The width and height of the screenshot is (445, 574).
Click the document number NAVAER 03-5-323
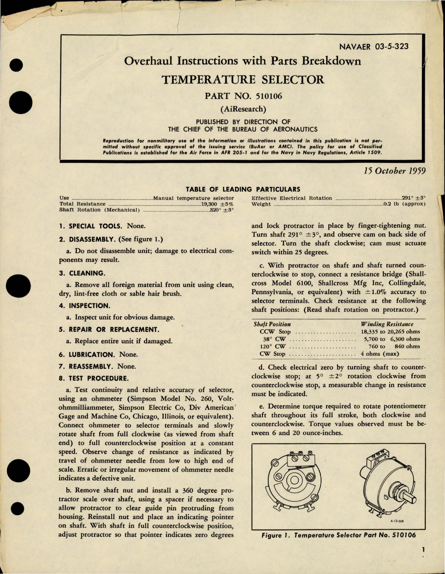[x=374, y=46]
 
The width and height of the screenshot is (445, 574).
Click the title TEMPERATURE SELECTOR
[x=243, y=80]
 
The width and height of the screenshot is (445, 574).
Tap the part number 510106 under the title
[x=243, y=96]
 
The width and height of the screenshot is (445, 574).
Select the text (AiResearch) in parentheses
[x=243, y=109]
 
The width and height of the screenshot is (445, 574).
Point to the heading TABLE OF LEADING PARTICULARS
[x=243, y=189]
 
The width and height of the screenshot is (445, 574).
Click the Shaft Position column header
[x=272, y=324]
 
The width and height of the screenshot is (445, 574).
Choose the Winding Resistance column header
[x=387, y=324]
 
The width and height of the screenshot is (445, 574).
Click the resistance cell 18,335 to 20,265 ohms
[x=390, y=331]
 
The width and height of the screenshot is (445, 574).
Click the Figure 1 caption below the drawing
[x=338, y=535]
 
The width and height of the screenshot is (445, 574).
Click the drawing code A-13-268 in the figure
[x=397, y=521]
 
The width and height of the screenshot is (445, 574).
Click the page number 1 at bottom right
[x=423, y=550]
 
